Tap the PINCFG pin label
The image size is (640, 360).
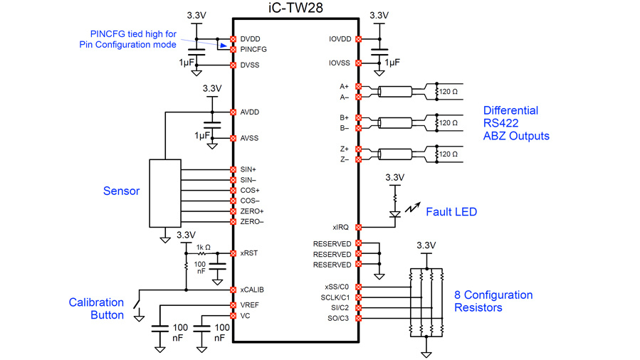tap(253, 50)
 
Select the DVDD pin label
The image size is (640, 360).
tap(250, 39)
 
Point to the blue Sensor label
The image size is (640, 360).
tap(122, 191)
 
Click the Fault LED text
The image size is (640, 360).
tap(451, 212)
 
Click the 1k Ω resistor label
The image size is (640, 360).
tap(204, 246)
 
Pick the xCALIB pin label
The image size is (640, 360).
tap(252, 290)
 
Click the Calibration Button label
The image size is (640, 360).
tap(96, 309)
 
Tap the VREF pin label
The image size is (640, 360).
tap(250, 305)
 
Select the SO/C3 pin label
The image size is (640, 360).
tap(337, 318)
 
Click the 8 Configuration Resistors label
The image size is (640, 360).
tap(493, 301)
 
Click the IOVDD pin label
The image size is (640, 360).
tap(341, 39)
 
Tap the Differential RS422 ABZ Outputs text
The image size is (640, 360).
tap(516, 123)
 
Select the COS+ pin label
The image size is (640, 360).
tap(250, 191)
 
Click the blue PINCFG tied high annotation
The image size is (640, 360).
tap(134, 39)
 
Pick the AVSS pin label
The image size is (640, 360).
tap(250, 138)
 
